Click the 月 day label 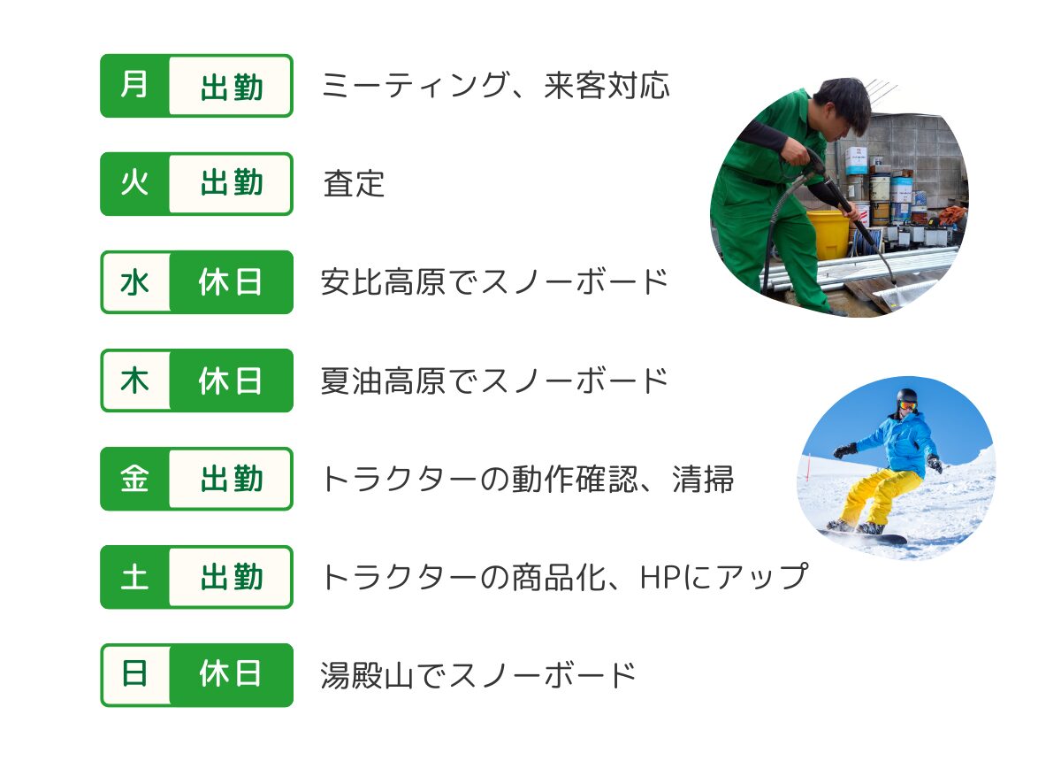134,85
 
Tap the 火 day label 134,183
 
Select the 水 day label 135,282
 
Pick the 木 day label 135,380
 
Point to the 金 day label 134,479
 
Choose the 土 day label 134,577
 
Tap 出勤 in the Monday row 231,87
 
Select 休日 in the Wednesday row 230,282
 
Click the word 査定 354,184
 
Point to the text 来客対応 607,86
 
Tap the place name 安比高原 383,282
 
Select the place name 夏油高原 383,381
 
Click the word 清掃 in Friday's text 703,480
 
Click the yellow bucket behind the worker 828,235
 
